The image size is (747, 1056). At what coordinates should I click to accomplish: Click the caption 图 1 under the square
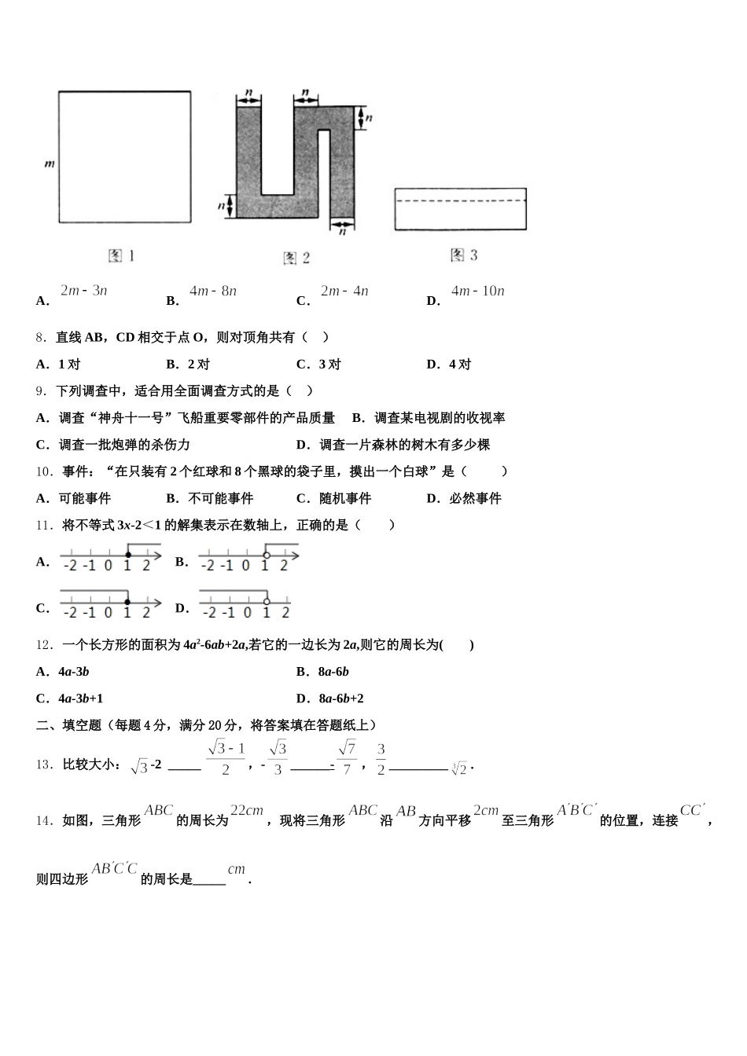coord(122,256)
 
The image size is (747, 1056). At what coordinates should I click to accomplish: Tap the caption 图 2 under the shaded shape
coord(296,258)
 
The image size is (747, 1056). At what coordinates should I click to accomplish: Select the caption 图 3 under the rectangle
coord(464,255)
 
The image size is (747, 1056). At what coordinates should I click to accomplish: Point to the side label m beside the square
coord(49,164)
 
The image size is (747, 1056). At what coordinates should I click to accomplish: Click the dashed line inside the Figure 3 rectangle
coord(460,201)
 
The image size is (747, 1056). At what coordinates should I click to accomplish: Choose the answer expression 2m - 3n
coord(83,291)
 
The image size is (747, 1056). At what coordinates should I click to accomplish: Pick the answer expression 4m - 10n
coord(478,291)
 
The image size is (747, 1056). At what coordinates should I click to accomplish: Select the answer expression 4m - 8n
coord(213,291)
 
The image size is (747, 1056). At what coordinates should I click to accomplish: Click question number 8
coord(42,338)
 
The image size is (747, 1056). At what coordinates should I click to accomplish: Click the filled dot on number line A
coord(128,555)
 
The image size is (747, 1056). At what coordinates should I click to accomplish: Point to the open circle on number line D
coord(267,602)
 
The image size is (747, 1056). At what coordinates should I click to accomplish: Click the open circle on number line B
coord(266,555)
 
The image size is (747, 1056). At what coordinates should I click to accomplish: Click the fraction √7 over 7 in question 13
coord(347,758)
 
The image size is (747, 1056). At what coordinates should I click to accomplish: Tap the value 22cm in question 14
coord(246,811)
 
